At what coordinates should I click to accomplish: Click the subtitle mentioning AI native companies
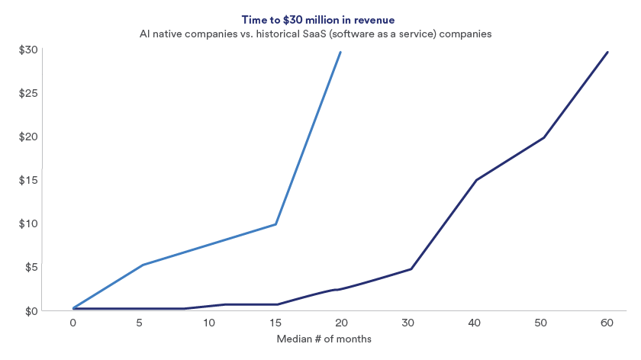320,34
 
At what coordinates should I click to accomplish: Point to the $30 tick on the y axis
27,50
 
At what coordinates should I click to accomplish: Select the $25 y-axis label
27,94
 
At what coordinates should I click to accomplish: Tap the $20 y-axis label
27,137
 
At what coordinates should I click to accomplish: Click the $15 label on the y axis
27,181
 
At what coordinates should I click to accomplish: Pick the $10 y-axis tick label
27,224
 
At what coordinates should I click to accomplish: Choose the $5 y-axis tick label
31,268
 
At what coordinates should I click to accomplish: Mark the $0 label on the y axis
31,311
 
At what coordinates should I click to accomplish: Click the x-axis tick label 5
140,323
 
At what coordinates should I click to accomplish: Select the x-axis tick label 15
273,323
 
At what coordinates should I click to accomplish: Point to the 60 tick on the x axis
607,323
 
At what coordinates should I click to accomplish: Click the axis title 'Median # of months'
324,339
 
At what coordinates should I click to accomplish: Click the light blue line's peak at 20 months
340,52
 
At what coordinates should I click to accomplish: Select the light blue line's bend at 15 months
275,224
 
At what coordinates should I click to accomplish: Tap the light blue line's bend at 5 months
142,265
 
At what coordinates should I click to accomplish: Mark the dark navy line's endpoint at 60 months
607,52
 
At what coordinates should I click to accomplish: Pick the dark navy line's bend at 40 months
476,180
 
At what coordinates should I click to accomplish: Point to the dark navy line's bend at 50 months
543,138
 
